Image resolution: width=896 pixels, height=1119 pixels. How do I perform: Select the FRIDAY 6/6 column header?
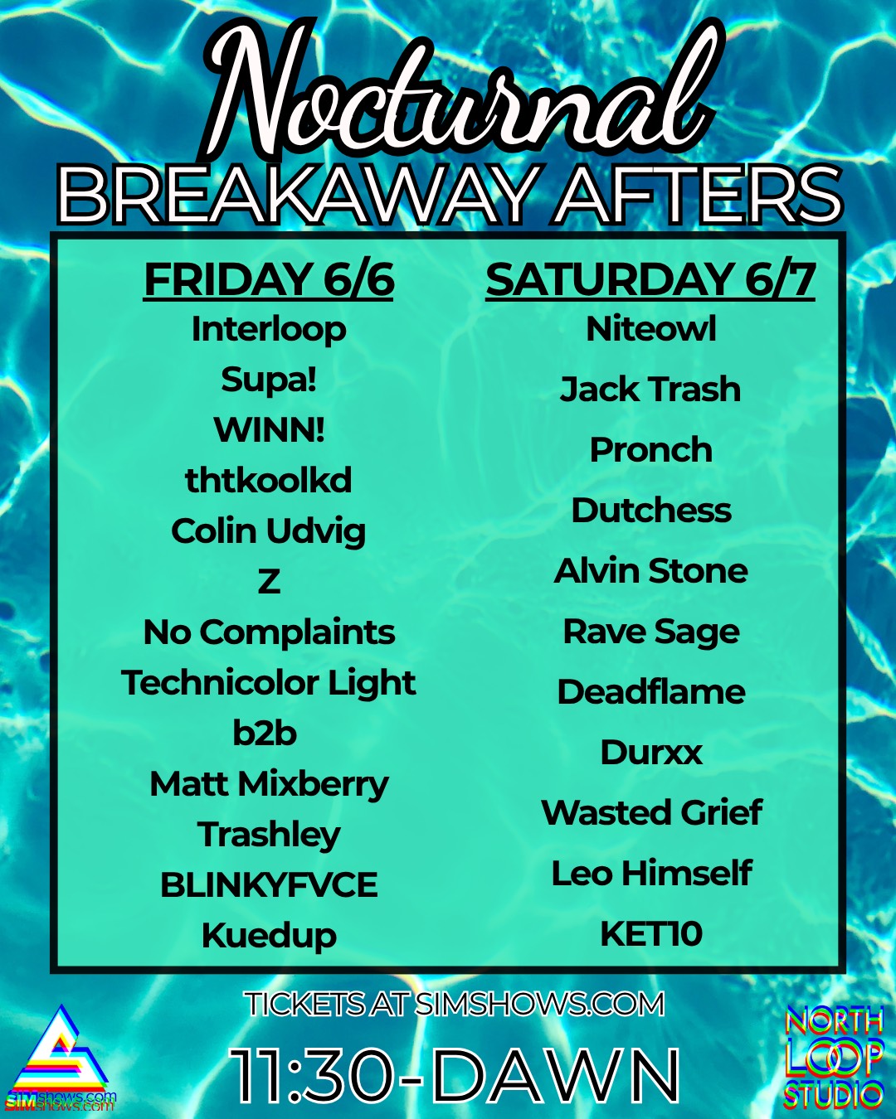269,281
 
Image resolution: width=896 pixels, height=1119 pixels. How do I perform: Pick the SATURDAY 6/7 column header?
650,281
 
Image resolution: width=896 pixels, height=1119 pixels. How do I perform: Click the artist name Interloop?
269,330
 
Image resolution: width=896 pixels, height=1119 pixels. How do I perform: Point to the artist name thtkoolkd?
269,480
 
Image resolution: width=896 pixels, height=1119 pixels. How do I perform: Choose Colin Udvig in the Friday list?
269,532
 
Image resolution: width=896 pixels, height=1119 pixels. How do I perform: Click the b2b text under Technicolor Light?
265,733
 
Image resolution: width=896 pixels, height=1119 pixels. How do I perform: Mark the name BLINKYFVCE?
269,884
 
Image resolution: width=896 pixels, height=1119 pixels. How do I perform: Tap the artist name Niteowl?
650,328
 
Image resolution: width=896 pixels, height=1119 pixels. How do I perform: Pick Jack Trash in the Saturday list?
650,389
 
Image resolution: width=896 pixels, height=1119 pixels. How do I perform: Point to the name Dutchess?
651,510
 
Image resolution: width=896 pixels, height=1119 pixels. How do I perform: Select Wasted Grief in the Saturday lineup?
652,812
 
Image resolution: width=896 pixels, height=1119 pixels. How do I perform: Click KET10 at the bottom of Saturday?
651,933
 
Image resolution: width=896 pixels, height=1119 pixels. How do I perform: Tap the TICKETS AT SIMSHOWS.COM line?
455,1004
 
